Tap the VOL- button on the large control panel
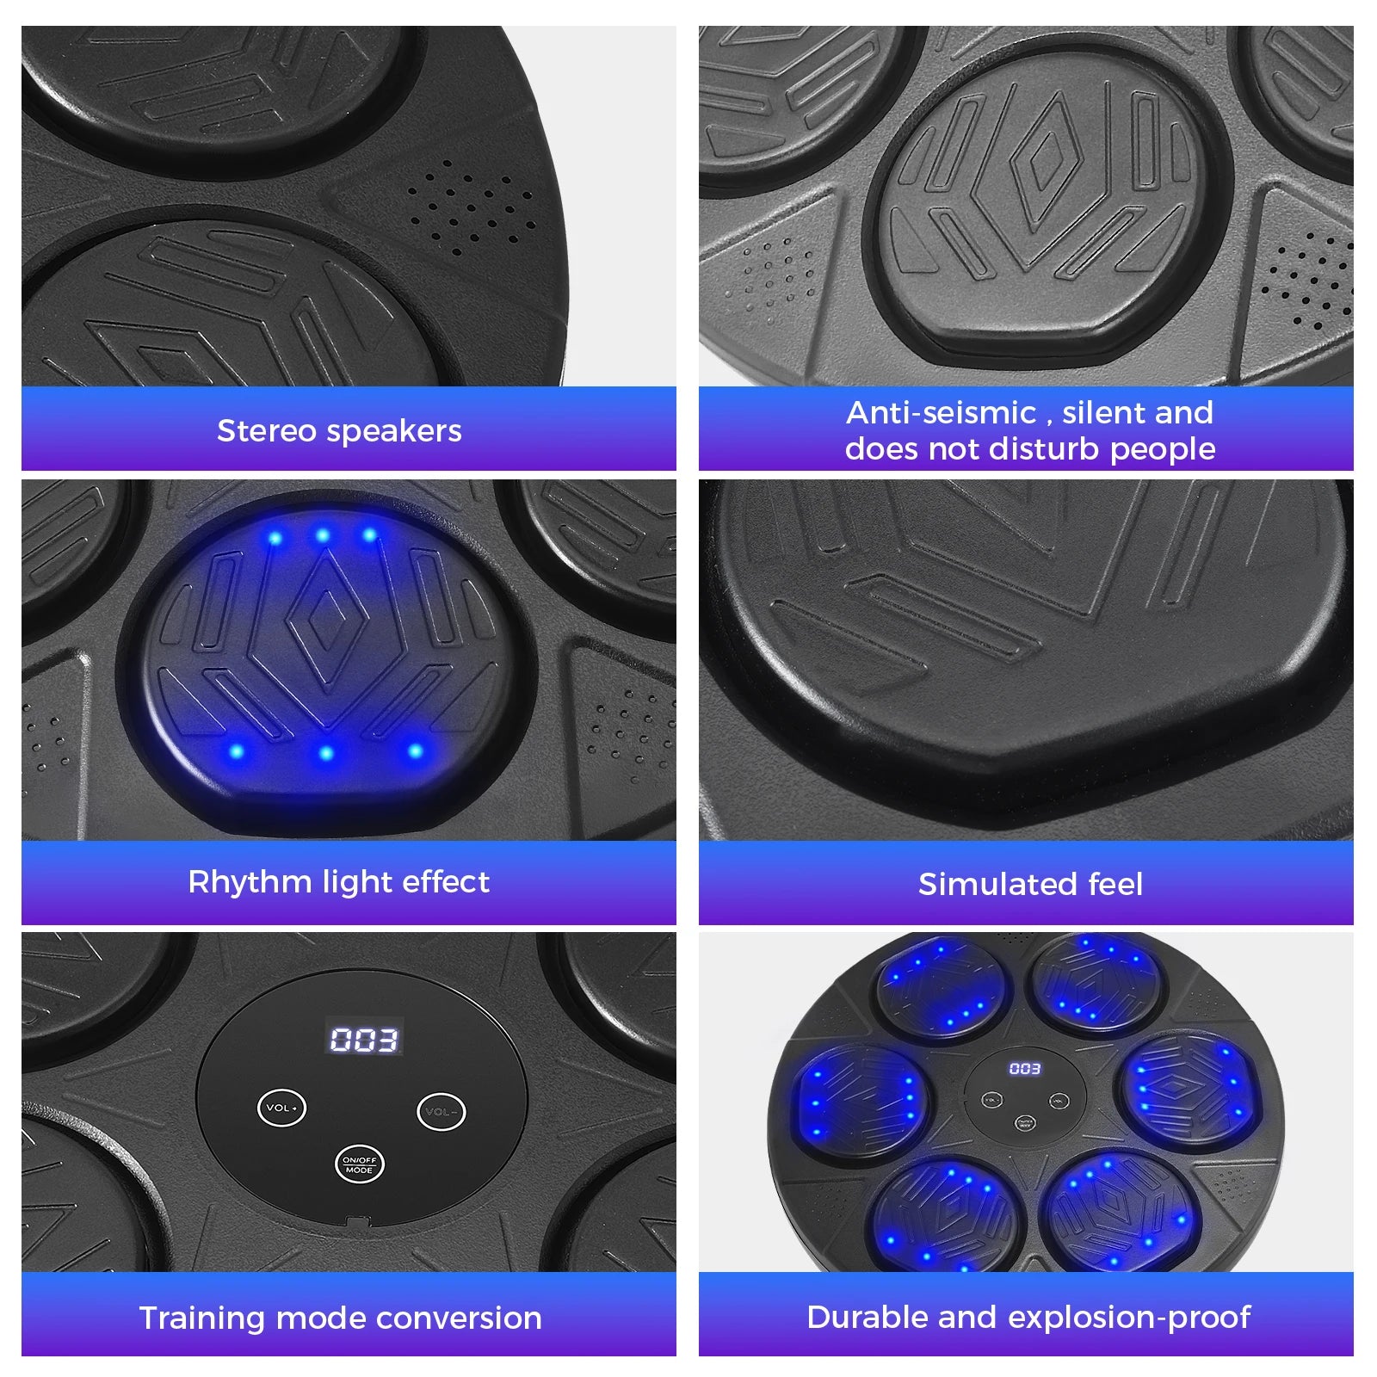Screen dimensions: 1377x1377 [x=442, y=1112]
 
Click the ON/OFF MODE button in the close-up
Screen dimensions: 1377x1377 [x=359, y=1164]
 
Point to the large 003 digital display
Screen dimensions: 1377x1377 [x=364, y=1040]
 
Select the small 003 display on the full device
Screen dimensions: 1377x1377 [x=1025, y=1069]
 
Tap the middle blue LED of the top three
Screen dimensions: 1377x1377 [x=323, y=535]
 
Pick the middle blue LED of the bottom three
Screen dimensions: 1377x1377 [x=325, y=753]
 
